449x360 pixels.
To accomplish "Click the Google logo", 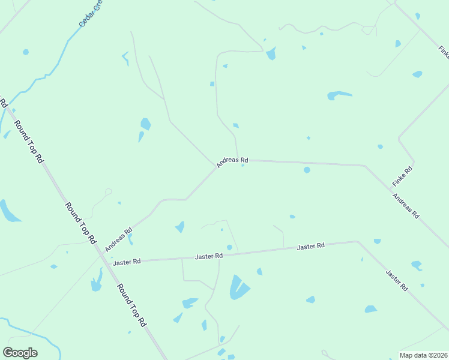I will tap(20, 353).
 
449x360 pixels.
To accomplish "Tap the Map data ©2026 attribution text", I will tap(423, 355).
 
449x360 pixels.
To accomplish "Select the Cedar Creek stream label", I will tap(91, 14).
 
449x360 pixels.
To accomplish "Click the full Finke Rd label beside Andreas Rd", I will tap(402, 176).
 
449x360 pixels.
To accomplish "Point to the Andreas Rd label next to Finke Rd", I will tap(406, 205).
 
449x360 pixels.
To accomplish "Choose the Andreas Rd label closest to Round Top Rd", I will tap(118, 239).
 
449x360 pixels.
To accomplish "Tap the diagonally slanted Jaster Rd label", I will tap(397, 280).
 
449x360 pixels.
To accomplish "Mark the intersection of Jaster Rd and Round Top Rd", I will tap(103, 262).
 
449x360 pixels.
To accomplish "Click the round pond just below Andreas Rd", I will tap(307, 170).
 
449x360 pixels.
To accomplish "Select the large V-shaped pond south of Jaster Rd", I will tap(238, 287).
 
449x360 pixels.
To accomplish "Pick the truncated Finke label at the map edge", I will tap(444, 53).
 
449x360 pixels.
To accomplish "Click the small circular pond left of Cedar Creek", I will tap(26, 52).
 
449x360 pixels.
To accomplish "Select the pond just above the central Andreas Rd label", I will tap(236, 125).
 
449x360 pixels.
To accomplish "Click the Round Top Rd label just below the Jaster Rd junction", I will tap(131, 305).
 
